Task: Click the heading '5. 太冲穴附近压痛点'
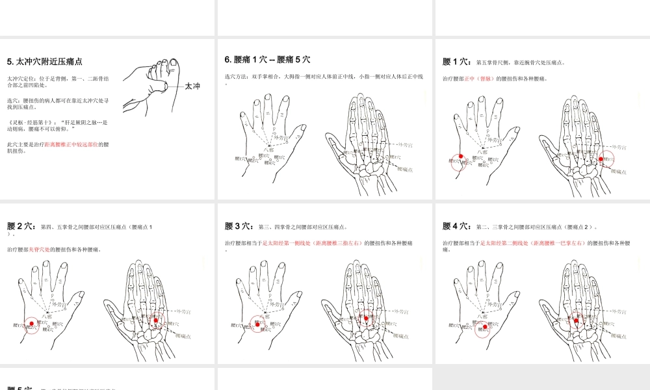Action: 44,62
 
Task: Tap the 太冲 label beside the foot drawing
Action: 192,86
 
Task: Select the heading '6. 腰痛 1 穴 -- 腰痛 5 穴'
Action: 267,59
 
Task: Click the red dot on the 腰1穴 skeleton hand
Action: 601,159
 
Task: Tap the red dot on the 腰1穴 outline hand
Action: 461,157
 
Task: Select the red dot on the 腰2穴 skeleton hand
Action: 156,318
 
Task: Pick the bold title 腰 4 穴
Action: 457,226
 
